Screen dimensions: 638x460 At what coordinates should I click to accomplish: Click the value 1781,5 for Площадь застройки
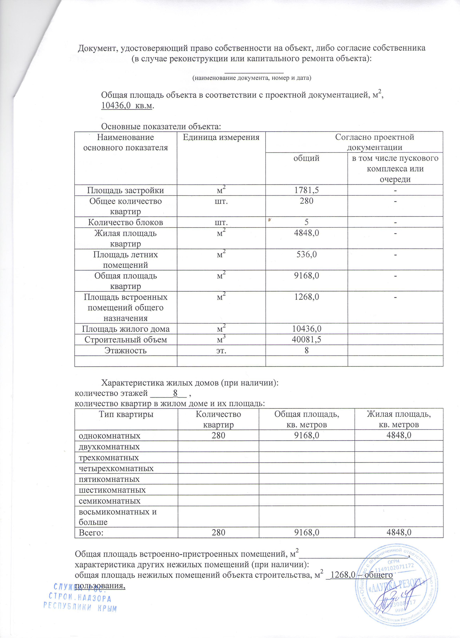(x=306, y=190)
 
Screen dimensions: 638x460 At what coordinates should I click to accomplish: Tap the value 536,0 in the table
(x=306, y=255)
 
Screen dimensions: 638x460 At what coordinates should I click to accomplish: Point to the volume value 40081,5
(x=306, y=340)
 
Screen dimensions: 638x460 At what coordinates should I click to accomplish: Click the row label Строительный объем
(x=125, y=340)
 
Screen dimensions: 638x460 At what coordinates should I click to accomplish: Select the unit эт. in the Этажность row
(x=221, y=350)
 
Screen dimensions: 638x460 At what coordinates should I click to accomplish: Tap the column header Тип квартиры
(x=126, y=414)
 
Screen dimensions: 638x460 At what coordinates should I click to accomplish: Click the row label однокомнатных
(x=109, y=436)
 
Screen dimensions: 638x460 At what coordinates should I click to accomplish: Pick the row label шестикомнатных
(x=112, y=490)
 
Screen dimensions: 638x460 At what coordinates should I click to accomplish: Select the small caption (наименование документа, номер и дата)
(x=252, y=78)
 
